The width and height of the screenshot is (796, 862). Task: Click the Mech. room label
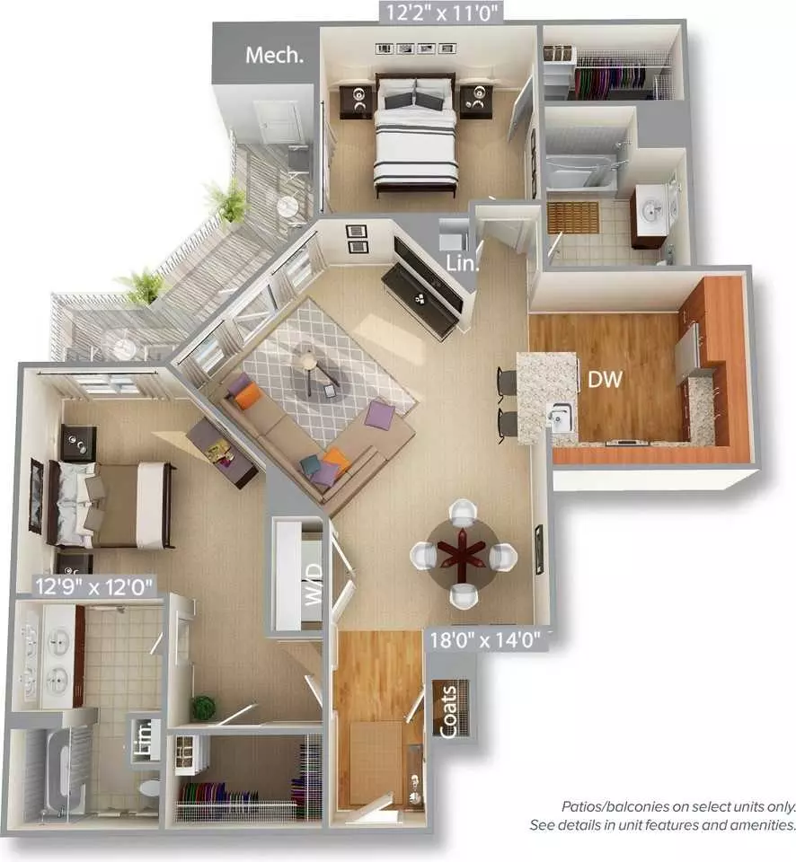[275, 55]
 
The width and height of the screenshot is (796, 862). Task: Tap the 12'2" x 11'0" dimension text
[442, 12]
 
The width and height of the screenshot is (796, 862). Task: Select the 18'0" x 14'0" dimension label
[484, 640]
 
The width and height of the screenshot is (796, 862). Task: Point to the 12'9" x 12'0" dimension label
[93, 586]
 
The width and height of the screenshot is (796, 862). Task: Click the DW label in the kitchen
[605, 379]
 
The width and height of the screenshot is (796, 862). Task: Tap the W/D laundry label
[313, 584]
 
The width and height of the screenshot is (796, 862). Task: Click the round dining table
[463, 555]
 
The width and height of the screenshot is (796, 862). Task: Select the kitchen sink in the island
[561, 416]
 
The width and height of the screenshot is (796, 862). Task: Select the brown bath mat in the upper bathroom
[572, 217]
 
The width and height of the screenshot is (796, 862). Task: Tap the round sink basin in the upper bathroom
[654, 210]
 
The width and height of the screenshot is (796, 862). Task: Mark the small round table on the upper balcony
[287, 207]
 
